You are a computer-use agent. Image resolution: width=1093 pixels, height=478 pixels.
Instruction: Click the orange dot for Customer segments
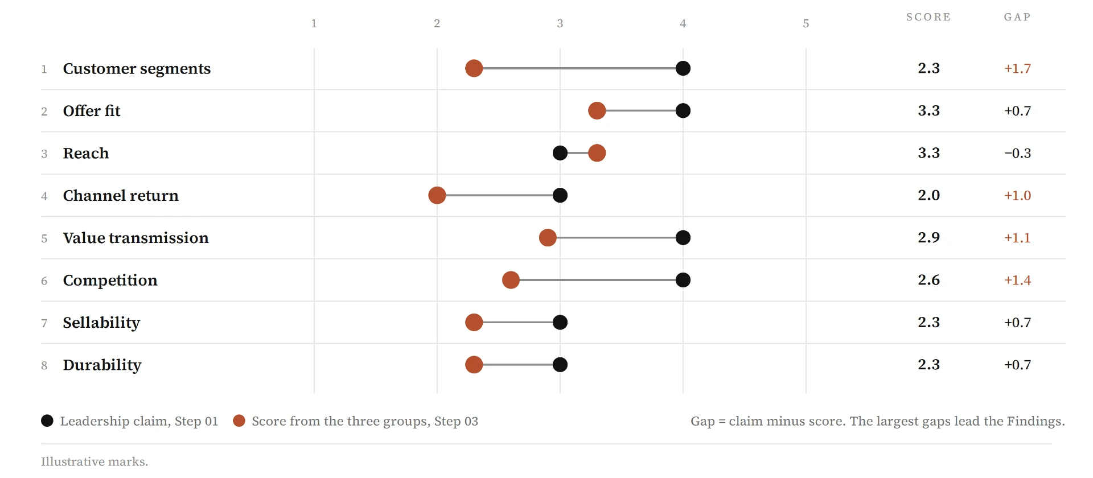pos(474,68)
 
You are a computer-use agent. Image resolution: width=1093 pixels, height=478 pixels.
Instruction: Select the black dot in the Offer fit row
pos(683,110)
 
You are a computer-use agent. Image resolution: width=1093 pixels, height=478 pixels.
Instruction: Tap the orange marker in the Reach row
pos(597,153)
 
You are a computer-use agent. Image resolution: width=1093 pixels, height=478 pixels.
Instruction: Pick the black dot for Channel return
pos(560,195)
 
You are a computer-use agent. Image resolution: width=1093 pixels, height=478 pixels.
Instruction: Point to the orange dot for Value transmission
pos(548,238)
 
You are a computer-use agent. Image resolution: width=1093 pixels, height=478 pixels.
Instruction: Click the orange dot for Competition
pos(511,280)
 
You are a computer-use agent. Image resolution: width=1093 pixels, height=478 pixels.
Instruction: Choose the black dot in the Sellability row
pos(560,322)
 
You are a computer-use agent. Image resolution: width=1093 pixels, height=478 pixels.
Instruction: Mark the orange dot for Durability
pos(474,365)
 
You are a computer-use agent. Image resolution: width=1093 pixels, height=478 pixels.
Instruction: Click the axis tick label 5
pos(806,23)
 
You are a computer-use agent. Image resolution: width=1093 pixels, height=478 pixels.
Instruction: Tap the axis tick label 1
pos(314,23)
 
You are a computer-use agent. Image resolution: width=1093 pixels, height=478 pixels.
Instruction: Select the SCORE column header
pos(928,17)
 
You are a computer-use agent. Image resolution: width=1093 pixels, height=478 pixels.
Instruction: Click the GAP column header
pos(1017,17)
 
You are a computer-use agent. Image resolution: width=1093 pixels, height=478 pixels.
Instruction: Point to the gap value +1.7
pos(1017,68)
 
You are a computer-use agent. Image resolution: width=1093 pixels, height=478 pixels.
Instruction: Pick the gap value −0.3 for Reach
pos(1017,153)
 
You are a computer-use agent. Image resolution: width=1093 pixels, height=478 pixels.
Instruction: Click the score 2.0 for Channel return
pos(928,195)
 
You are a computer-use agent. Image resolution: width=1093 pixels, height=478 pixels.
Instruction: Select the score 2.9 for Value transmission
pos(928,238)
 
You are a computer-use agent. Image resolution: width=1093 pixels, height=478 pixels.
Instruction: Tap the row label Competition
pos(110,280)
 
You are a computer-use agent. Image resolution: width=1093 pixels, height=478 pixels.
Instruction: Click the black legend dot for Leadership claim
pos(47,421)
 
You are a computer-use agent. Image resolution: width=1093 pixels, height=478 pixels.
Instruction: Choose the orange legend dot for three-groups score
pos(239,421)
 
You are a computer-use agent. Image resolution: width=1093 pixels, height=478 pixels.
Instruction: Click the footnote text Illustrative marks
pos(94,461)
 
